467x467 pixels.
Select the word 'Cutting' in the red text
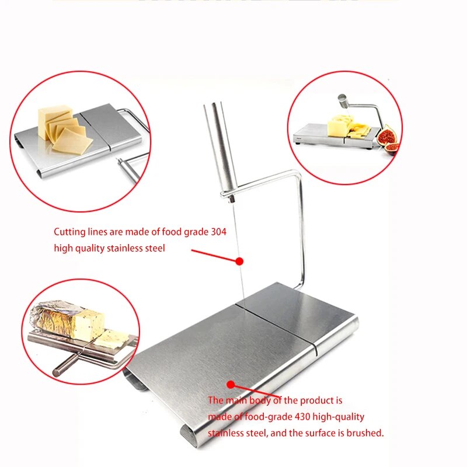[69, 232]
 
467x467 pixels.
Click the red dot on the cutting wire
[238, 261]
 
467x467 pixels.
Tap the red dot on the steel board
[231, 385]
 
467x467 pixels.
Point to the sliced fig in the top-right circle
[386, 138]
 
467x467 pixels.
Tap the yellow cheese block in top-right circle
[339, 125]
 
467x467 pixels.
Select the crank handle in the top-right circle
[344, 102]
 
